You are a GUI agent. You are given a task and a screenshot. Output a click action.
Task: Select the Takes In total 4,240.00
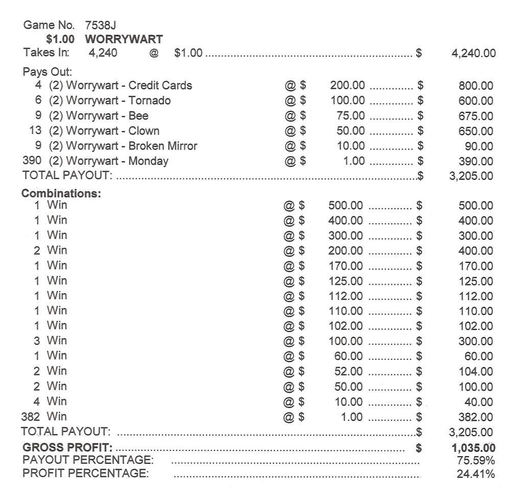coord(473,53)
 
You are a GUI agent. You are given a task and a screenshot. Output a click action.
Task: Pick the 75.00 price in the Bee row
coord(351,116)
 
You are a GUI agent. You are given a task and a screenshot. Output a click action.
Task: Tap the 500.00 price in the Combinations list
coord(345,206)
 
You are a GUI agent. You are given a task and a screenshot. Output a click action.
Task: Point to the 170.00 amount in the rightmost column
coord(476,266)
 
